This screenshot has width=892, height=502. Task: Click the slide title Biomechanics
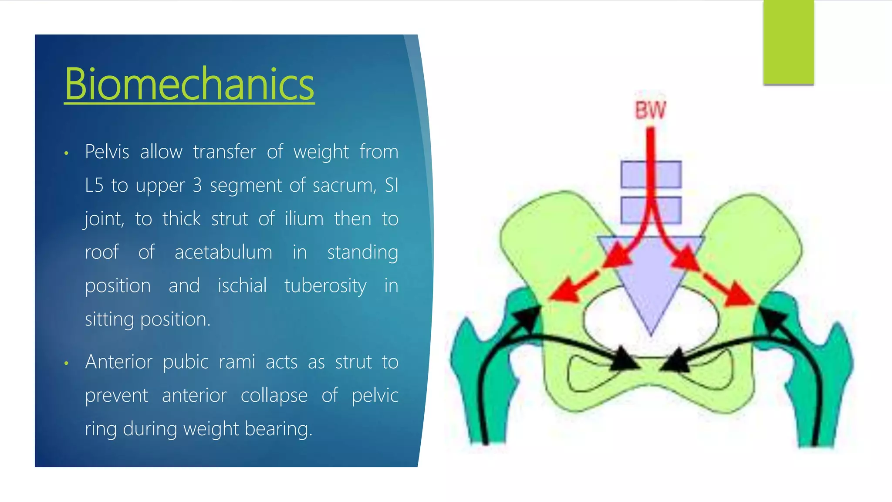point(189,84)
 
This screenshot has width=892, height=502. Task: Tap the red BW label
point(650,110)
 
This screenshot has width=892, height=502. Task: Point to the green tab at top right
point(788,42)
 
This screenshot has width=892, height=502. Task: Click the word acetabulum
point(223,252)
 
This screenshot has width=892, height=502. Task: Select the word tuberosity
point(325,286)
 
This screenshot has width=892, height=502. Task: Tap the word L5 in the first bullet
point(94,186)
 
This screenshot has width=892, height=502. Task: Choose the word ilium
point(304,219)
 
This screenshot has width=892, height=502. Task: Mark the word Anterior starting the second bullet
point(118,362)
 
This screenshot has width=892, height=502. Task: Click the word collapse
point(274,396)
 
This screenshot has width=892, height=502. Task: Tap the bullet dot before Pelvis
point(66,153)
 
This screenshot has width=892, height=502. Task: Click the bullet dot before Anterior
point(66,363)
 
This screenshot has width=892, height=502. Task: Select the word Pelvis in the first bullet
point(107,152)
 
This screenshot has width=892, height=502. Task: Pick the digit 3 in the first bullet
point(197,186)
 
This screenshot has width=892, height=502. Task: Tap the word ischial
point(242,286)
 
